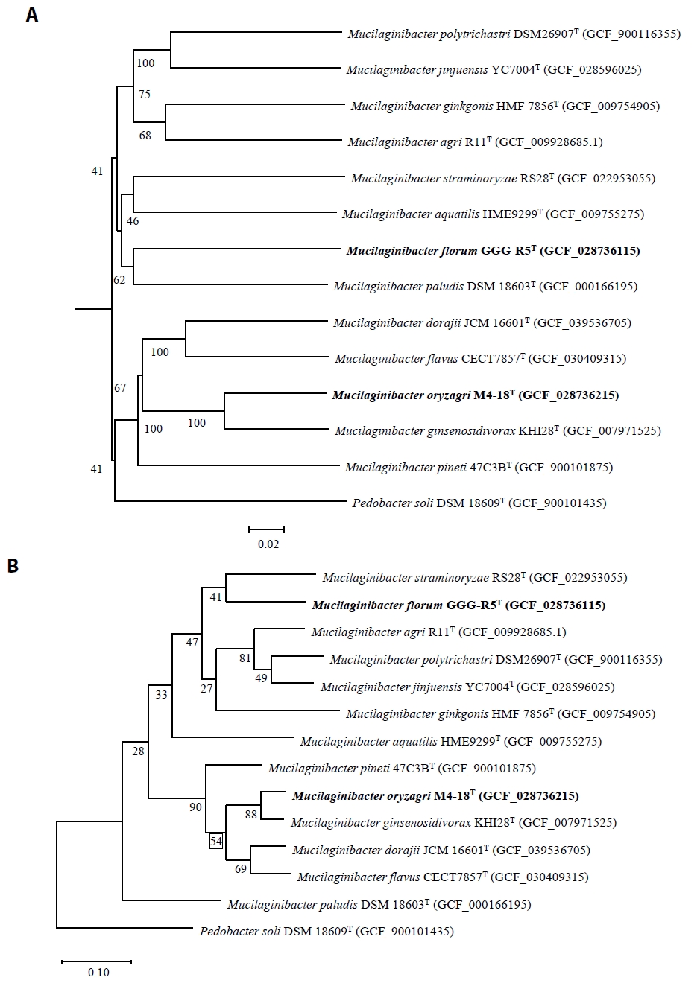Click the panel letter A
(x=31, y=15)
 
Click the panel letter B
(x=13, y=566)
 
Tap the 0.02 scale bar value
(x=268, y=544)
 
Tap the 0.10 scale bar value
(x=98, y=973)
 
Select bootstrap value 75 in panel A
(x=144, y=95)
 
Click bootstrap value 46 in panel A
(x=133, y=221)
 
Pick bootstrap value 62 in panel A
(x=119, y=280)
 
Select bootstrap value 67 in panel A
(x=120, y=388)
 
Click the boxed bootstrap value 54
(x=216, y=842)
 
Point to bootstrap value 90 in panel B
(x=196, y=807)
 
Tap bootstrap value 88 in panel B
(x=251, y=816)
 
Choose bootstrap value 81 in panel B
(x=245, y=658)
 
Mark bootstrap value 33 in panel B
(x=162, y=695)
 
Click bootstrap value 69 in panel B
(x=241, y=869)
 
